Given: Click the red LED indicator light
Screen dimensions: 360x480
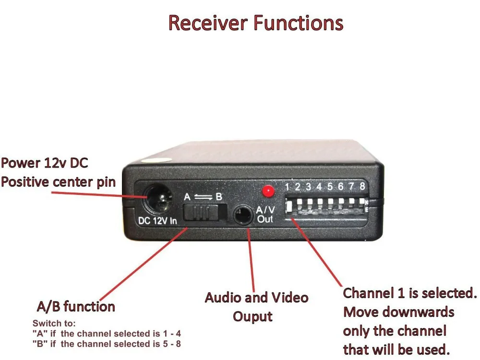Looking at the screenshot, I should [267, 191].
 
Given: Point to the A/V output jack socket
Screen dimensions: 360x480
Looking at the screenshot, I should [243, 215].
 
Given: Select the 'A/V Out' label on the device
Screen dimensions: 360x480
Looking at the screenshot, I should [265, 215].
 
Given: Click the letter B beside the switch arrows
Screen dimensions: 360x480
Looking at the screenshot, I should [219, 197].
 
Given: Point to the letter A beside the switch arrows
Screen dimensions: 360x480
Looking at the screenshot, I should [187, 197].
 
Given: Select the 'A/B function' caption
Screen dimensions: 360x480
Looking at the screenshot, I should [76, 306].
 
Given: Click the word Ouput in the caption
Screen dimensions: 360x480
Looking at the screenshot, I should [252, 316].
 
